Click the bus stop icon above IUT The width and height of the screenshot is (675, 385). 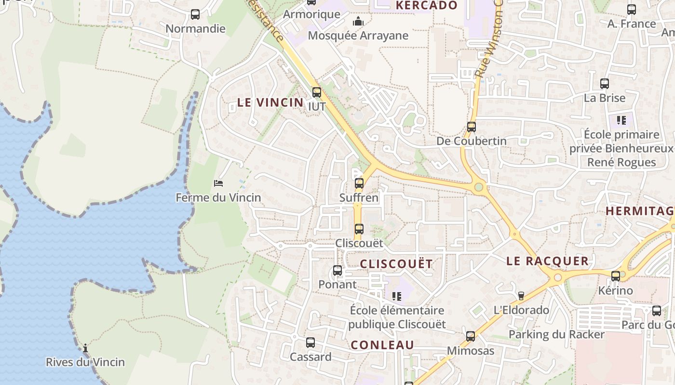pos(316,92)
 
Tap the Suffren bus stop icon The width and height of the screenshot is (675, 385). pos(359,183)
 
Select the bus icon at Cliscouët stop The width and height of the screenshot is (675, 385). pos(359,229)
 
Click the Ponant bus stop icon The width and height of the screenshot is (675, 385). pos(337,270)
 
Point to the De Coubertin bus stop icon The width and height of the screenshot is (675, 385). pos(471,127)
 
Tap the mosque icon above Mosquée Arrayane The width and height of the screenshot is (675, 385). pos(358,21)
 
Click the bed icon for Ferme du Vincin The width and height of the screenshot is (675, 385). pos(218,183)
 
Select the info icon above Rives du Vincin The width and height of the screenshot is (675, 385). pos(85,348)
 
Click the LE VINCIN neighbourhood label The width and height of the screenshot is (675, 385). pos(270,103)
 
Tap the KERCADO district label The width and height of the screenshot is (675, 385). pos(426,5)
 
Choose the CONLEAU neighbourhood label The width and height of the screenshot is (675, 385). pos(382,345)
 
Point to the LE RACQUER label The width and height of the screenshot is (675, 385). pos(547,261)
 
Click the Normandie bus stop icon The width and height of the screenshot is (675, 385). pos(195,14)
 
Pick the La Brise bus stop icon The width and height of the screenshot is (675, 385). pos(604,84)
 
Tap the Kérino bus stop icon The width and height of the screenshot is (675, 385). pos(615,276)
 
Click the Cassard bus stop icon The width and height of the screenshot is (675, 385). pos(310,343)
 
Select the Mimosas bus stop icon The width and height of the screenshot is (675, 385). pos(471,336)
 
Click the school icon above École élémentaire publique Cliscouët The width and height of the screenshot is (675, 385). pos(397,296)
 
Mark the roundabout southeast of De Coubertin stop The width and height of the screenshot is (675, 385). pos(479,187)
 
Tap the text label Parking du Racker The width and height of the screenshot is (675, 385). pos(556,334)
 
